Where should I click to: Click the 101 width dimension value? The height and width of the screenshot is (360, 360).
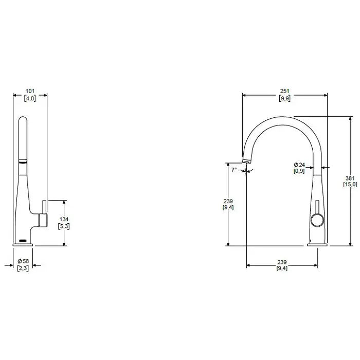click(30, 91)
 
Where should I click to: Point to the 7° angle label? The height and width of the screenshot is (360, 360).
click(235, 169)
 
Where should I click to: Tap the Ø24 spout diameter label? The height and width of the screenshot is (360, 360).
click(300, 165)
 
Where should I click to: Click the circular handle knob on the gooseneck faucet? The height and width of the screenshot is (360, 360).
click(316, 222)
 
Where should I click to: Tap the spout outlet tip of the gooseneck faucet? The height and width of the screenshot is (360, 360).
click(246, 161)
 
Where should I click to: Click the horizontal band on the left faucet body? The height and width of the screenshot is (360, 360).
click(23, 161)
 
